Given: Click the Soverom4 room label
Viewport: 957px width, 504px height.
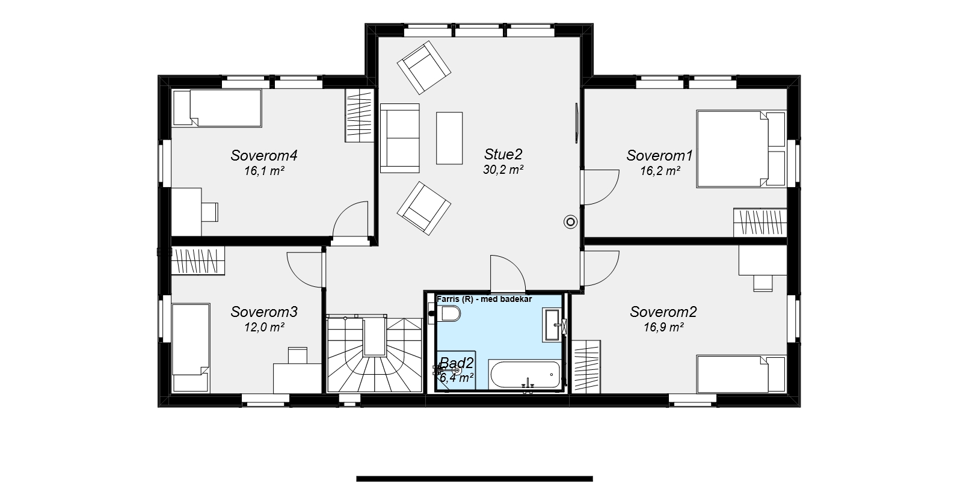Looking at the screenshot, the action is (x=263, y=155).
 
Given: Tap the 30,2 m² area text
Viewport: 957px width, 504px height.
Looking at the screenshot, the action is (x=503, y=170).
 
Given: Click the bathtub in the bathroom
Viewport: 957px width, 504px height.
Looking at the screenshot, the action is (x=525, y=375).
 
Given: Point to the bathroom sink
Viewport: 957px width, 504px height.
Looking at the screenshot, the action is (x=552, y=325).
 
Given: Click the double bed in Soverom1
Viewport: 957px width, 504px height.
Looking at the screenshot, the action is (x=741, y=149).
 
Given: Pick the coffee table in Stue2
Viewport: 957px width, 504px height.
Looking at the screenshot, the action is (x=449, y=138).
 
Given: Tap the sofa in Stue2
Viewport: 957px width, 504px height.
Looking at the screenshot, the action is (x=399, y=138).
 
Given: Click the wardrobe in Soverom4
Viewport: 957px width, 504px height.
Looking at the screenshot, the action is (x=359, y=115).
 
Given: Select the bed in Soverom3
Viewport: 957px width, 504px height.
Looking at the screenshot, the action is (x=191, y=348).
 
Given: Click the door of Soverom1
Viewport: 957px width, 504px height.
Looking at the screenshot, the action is (x=600, y=187).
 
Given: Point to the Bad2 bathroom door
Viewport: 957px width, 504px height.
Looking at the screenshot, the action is (x=508, y=274).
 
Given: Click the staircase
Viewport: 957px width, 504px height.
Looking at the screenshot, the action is (x=374, y=354).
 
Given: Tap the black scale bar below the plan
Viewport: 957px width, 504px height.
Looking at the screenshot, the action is (x=475, y=479).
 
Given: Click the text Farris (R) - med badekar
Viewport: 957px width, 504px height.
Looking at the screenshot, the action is (x=484, y=299).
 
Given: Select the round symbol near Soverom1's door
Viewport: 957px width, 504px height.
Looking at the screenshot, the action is (x=570, y=222).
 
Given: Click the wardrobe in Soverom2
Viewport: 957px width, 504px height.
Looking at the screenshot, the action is (x=586, y=366).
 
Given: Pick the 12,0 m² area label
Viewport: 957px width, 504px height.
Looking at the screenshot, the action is (x=264, y=327).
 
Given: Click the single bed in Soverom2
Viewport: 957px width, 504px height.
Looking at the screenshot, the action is (x=741, y=373).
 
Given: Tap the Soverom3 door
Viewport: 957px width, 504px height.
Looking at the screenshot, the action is (x=305, y=269).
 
